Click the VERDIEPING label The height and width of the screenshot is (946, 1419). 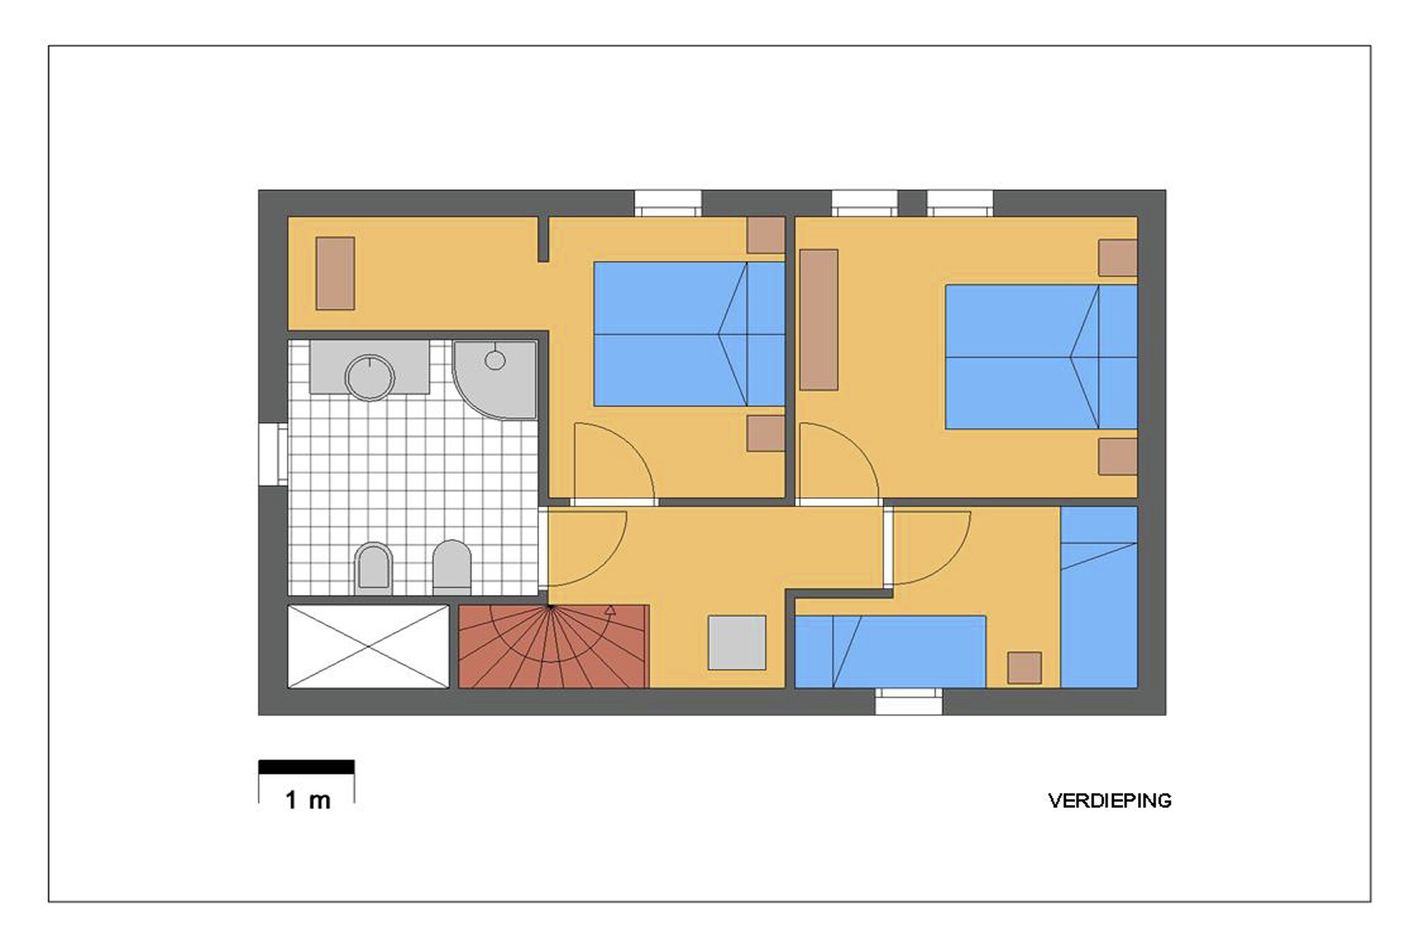tap(1109, 800)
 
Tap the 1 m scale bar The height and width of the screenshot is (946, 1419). tap(306, 767)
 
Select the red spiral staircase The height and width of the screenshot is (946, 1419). tap(554, 646)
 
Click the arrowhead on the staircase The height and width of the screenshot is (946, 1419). tap(610, 611)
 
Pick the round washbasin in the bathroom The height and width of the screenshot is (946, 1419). tap(369, 378)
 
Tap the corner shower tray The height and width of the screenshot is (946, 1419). tap(495, 380)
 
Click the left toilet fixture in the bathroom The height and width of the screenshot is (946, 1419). tap(373, 568)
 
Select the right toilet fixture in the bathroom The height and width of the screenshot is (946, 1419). tap(452, 567)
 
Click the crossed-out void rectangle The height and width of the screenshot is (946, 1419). tap(369, 647)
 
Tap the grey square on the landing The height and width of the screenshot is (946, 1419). tap(737, 642)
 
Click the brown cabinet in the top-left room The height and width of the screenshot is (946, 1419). tap(335, 273)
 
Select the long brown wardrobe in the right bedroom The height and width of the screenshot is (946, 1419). tap(819, 319)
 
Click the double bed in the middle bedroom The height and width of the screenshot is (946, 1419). tap(689, 333)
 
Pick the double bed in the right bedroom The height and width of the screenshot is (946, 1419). tap(1041, 357)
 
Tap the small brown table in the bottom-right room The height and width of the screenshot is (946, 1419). tap(1024, 668)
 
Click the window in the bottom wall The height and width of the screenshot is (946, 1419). tap(908, 701)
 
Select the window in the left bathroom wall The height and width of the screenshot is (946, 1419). tap(273, 454)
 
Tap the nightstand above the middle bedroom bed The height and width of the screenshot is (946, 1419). tap(766, 236)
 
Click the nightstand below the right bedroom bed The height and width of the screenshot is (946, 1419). tap(1118, 457)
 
